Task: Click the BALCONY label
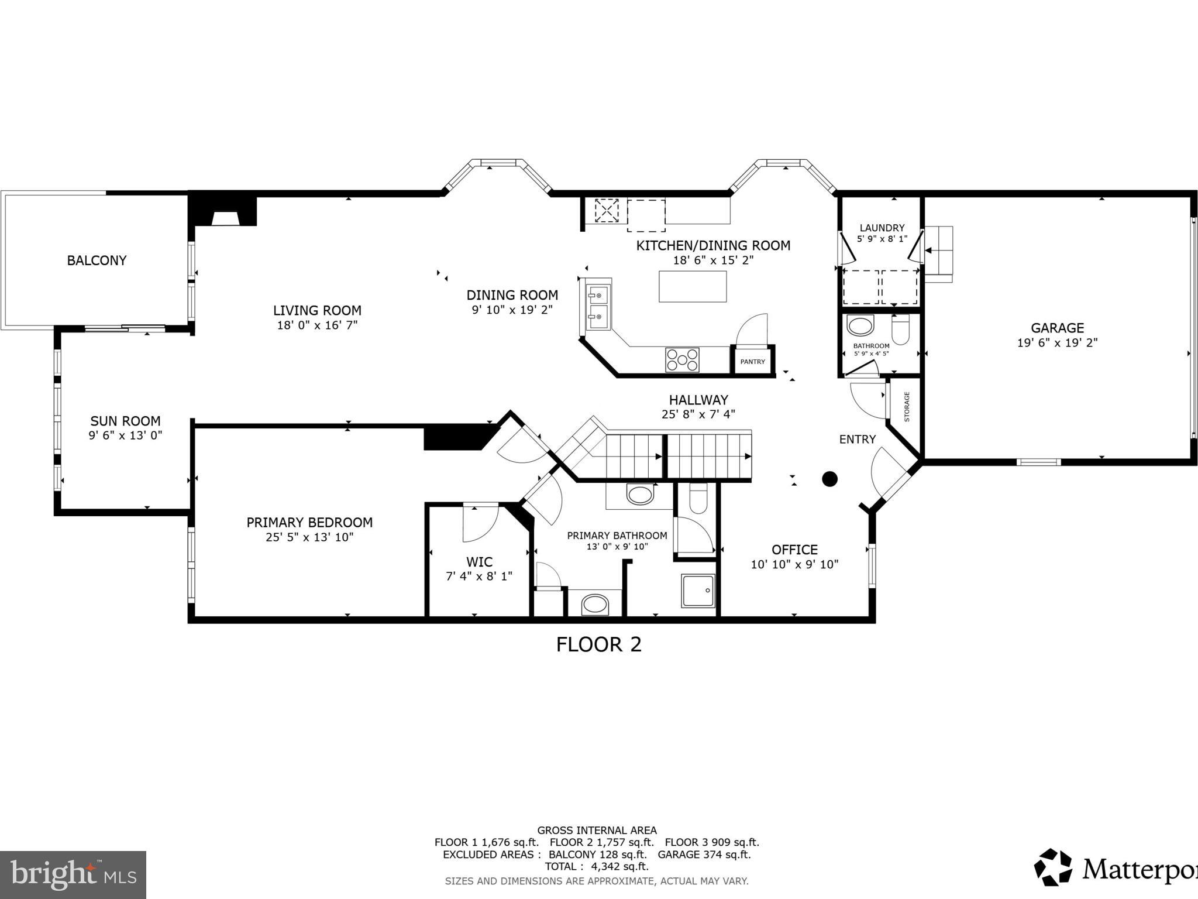97,260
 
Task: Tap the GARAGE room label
1057,328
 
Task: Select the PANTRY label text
752,362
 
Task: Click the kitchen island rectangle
693,286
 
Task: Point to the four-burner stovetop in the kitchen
682,359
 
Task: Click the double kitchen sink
598,307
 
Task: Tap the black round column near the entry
829,479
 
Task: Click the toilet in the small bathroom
900,330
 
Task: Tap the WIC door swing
478,523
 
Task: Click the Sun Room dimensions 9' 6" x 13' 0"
125,435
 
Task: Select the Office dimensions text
794,565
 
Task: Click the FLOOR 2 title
598,644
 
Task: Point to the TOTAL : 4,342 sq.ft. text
597,866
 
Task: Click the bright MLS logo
73,875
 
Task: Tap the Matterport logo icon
1054,867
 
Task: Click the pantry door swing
752,331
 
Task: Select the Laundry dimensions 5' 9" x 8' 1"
882,239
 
